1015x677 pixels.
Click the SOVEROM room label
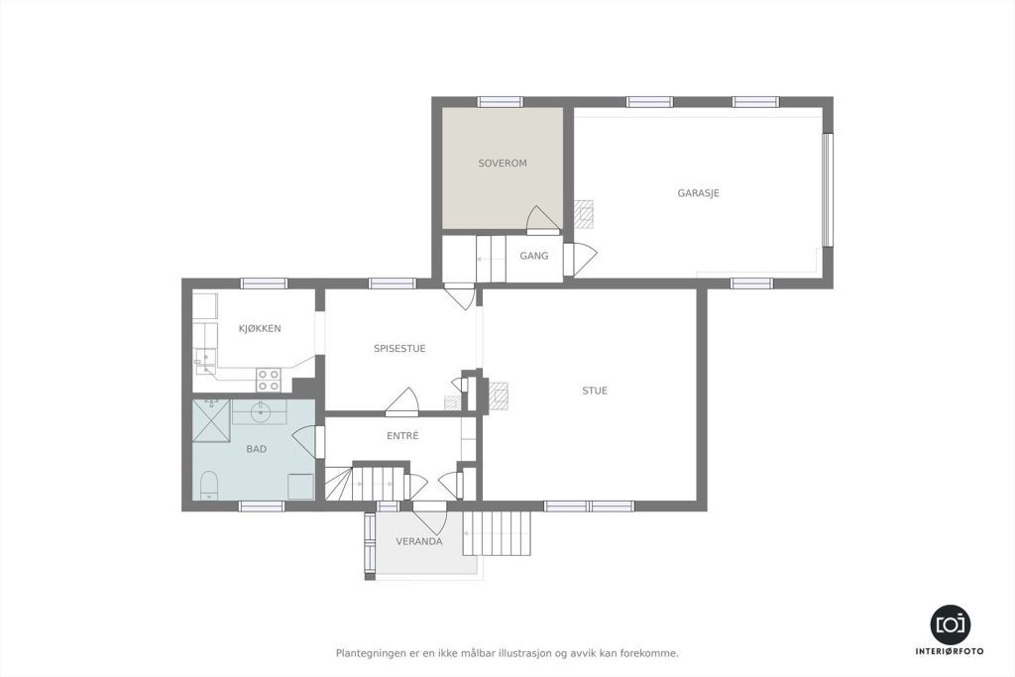click(x=503, y=164)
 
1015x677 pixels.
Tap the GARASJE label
click(x=699, y=193)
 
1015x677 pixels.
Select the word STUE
click(x=595, y=391)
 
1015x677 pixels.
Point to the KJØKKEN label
click(x=260, y=328)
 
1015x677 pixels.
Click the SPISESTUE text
click(x=399, y=348)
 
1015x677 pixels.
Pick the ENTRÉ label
click(x=402, y=435)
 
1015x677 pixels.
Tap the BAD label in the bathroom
click(x=257, y=449)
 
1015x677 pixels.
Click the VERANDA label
click(x=419, y=541)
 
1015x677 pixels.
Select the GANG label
click(x=534, y=256)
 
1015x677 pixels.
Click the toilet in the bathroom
click(x=208, y=486)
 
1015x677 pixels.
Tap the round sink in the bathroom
click(x=261, y=410)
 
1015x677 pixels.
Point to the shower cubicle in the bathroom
click(x=212, y=420)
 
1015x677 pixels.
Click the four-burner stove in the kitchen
click(x=269, y=380)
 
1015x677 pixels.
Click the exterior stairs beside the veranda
click(x=498, y=532)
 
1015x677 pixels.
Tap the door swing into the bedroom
click(x=542, y=219)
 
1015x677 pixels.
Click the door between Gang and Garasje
click(x=580, y=259)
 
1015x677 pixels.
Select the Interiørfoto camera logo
click(x=951, y=623)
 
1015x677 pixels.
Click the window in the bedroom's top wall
click(x=500, y=102)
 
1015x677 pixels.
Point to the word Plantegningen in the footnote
click(x=367, y=653)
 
